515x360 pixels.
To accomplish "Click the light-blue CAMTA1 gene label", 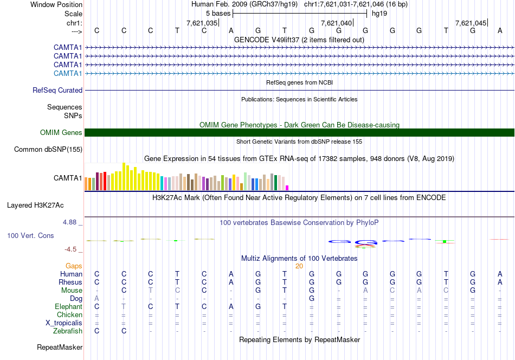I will pyautogui.click(x=68, y=73).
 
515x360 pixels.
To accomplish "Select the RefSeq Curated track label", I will pyautogui.click(x=57, y=91).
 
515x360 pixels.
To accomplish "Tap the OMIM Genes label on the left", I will pyautogui.click(x=61, y=132).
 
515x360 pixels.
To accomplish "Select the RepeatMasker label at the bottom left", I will pyautogui.click(x=60, y=347).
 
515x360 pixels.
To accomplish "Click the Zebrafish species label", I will pyautogui.click(x=68, y=331).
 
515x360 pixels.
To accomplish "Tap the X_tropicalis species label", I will pyautogui.click(x=64, y=323).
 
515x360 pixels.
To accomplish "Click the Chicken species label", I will pyautogui.click(x=69, y=314).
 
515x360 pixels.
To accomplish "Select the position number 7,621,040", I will pyautogui.click(x=336, y=23).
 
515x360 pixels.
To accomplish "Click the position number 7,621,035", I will pyautogui.click(x=202, y=23).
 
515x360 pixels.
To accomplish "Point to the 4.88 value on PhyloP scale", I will pyautogui.click(x=72, y=222).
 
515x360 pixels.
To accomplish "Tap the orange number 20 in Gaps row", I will pyautogui.click(x=299, y=266).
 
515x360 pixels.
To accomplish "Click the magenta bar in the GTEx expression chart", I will pyautogui.click(x=287, y=188).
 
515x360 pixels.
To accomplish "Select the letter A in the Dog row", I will pyautogui.click(x=96, y=298).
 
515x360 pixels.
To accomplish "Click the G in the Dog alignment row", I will pyautogui.click(x=311, y=298).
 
